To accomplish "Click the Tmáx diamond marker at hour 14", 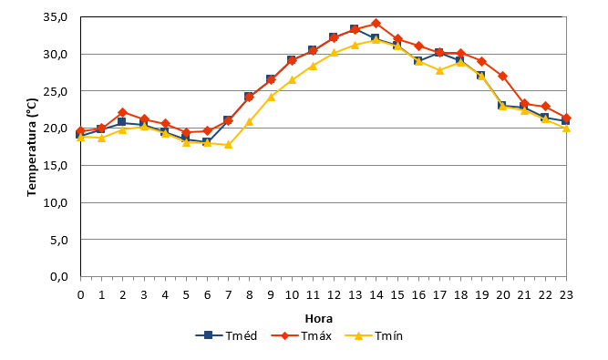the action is [376, 24].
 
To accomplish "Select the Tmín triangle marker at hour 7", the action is [228, 145].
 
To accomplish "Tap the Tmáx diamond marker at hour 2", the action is [122, 113].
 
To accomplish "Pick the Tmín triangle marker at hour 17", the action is [439, 70].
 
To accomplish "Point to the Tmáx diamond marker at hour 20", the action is [503, 76].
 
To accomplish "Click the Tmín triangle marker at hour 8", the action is [250, 122].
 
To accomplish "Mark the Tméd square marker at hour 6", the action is [207, 142].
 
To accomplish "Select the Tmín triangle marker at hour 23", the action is [566, 128].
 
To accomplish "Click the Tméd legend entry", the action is [226, 335].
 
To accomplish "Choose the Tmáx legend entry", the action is [302, 335].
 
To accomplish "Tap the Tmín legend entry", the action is [374, 335].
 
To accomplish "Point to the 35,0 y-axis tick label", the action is [56, 17].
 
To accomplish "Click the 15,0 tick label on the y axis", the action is [56, 166].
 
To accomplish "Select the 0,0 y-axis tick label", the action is [59, 277].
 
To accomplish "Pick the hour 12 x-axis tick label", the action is [334, 295].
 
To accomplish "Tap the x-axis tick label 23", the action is [566, 295].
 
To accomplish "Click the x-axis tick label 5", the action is [186, 295].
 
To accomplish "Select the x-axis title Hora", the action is [319, 319].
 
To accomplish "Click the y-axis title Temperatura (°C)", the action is [32, 148].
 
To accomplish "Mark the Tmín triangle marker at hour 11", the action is [313, 66].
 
